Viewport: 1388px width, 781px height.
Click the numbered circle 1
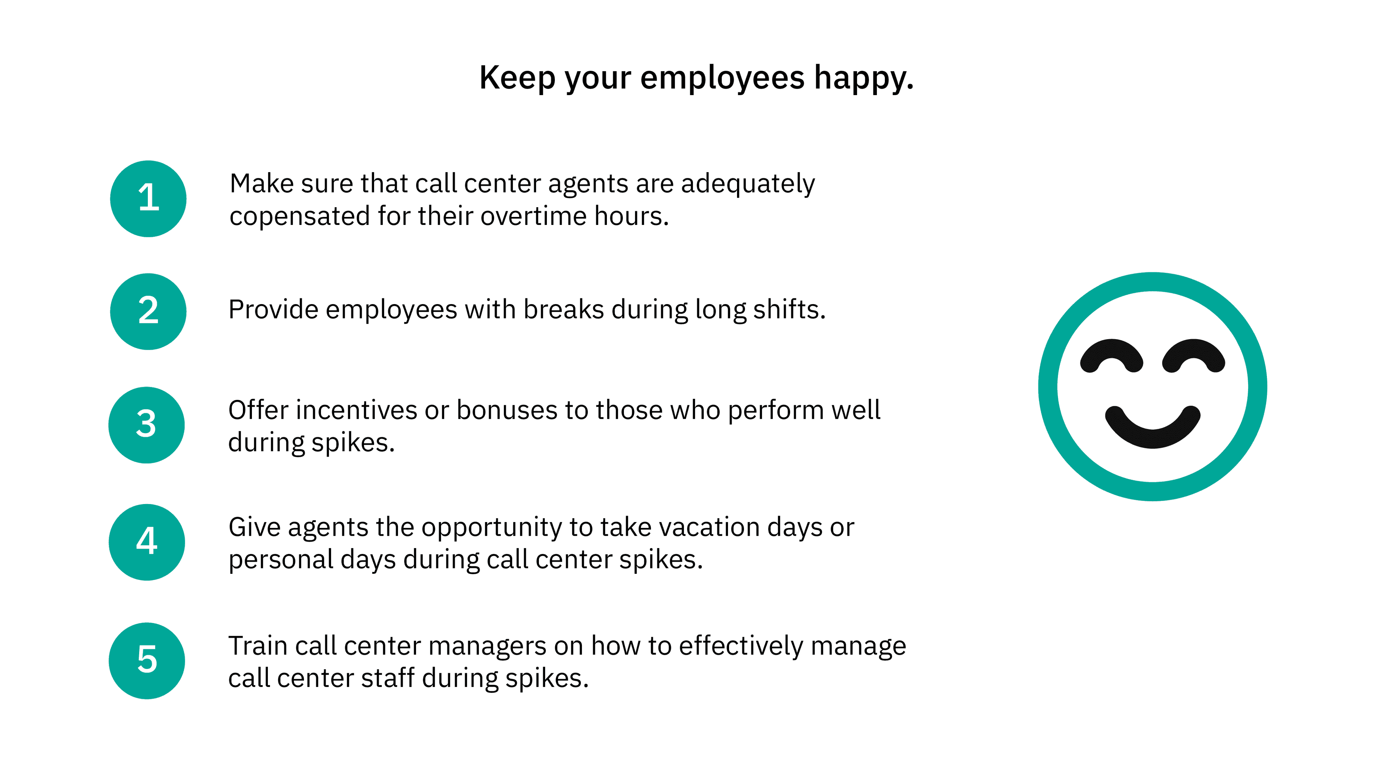[x=148, y=199]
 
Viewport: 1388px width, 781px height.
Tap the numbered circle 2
[x=148, y=312]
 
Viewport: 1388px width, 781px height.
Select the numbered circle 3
[x=146, y=425]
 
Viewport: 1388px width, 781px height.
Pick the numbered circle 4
[x=146, y=542]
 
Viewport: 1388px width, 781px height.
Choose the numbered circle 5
[x=146, y=661]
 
